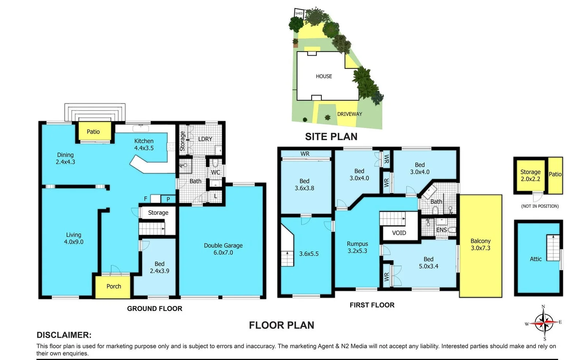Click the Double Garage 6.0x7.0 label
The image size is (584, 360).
tap(223, 249)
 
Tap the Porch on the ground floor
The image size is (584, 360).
tap(113, 286)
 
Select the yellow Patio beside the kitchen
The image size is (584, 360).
tap(93, 132)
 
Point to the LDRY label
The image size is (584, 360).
tap(205, 139)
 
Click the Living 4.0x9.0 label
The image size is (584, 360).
tap(74, 238)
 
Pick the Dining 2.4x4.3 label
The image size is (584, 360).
tap(65, 158)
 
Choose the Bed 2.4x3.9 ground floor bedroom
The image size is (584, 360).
tap(159, 267)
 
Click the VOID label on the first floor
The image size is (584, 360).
tap(399, 233)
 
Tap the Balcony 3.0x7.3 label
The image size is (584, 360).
tap(480, 244)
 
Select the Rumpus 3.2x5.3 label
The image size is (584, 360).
tap(357, 247)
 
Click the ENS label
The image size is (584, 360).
tap(441, 230)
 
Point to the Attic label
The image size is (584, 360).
tap(535, 259)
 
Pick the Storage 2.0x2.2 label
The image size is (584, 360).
tap(530, 175)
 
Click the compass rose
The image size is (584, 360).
tap(544, 323)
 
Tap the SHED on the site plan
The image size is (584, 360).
tap(299, 13)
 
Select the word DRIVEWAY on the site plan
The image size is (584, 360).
tap(349, 114)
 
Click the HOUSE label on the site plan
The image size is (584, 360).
tap(324, 76)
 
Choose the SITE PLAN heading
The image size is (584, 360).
tap(331, 136)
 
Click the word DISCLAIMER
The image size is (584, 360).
tap(64, 335)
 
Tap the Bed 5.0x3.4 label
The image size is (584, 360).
tap(428, 262)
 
